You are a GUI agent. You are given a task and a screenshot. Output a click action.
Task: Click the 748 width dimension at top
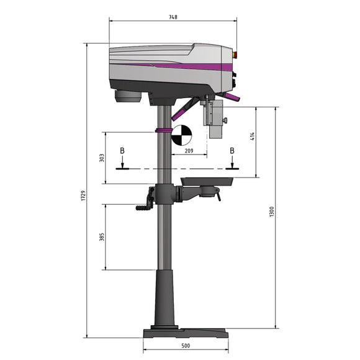[173, 17]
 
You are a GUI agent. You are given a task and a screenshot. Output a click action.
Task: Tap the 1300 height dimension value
[271, 211]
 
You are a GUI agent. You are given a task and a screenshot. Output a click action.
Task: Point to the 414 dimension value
[253, 137]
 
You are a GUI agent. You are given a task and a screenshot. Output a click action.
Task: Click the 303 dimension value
[102, 158]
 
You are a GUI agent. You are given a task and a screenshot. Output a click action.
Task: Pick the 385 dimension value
[102, 236]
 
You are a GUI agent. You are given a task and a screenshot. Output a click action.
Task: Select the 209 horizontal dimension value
[189, 151]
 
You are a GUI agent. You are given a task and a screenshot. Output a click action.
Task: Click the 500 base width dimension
[185, 346]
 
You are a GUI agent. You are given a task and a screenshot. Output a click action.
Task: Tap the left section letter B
[122, 151]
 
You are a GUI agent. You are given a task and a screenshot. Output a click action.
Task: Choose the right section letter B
[232, 151]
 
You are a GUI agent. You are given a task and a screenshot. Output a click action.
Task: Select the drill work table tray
[207, 181]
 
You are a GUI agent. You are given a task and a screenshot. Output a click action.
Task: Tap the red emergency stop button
[235, 54]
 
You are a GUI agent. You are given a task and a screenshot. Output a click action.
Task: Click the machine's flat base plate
[185, 333]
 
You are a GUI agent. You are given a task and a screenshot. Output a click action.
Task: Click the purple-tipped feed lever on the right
[232, 97]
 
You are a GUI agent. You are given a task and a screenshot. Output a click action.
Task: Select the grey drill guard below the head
[215, 119]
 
